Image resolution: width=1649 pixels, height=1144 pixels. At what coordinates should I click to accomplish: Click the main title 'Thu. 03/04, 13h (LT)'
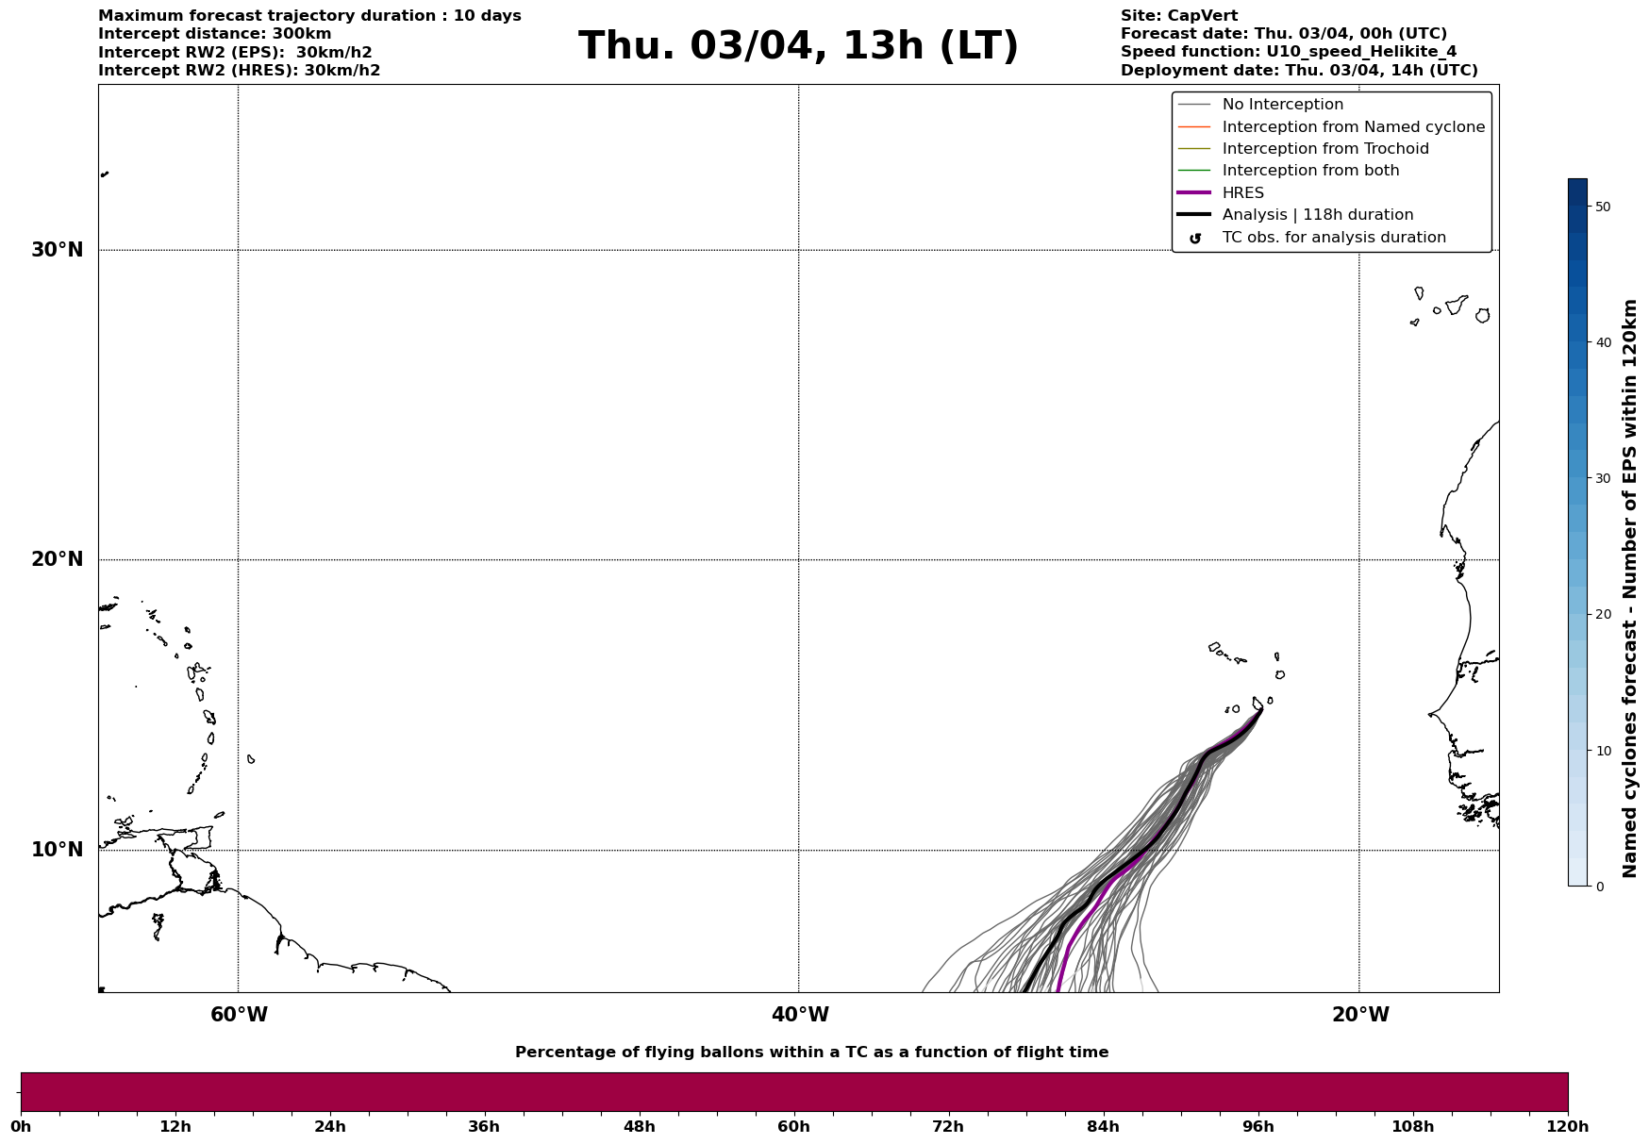pyautogui.click(x=798, y=46)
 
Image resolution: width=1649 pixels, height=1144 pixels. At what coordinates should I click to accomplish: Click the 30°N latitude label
pyautogui.click(x=58, y=250)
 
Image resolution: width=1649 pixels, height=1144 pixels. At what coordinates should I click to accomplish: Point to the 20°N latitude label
pyautogui.click(x=58, y=559)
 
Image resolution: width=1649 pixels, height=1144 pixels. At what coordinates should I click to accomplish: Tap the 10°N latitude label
pyautogui.click(x=58, y=850)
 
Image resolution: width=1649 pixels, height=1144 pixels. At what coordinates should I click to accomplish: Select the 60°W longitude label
pyautogui.click(x=239, y=1015)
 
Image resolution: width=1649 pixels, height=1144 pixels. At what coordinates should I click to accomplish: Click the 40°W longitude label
pyautogui.click(x=800, y=1015)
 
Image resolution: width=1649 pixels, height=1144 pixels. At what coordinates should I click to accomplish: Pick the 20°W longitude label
pyautogui.click(x=1360, y=1015)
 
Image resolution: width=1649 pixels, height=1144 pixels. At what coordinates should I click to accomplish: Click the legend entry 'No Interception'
pyautogui.click(x=1282, y=105)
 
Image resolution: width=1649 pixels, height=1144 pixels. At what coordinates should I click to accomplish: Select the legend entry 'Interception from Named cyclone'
pyautogui.click(x=1353, y=127)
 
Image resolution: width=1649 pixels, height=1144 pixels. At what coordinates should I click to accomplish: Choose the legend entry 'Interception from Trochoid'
pyautogui.click(x=1324, y=149)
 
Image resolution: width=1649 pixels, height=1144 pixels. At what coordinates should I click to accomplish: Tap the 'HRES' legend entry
pyautogui.click(x=1242, y=193)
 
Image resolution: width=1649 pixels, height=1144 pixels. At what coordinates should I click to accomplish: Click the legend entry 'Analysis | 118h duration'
pyautogui.click(x=1317, y=215)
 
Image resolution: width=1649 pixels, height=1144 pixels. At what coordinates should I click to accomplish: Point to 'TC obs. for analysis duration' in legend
pyautogui.click(x=1333, y=238)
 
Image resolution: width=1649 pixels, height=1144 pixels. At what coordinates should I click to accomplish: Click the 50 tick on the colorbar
pyautogui.click(x=1602, y=207)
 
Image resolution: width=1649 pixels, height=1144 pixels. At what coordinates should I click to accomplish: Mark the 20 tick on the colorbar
pyautogui.click(x=1602, y=615)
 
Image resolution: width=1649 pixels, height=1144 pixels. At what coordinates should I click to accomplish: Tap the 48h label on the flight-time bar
pyautogui.click(x=639, y=1127)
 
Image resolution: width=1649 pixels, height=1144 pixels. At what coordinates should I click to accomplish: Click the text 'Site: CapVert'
pyautogui.click(x=1178, y=16)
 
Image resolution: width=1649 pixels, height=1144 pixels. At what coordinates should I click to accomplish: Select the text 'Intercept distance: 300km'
pyautogui.click(x=214, y=34)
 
